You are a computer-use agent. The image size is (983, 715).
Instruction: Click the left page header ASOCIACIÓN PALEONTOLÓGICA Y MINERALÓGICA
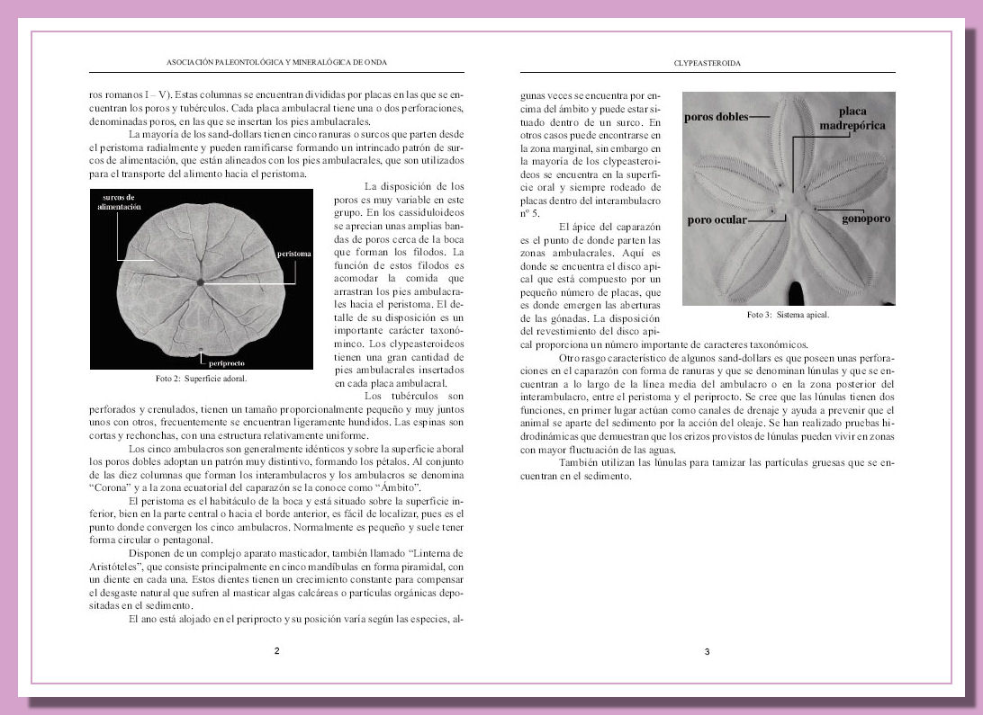point(276,63)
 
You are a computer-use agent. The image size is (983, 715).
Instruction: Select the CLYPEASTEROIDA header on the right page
point(707,63)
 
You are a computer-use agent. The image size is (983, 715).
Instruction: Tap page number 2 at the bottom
point(276,650)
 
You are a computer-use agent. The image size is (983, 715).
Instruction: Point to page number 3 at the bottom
point(707,651)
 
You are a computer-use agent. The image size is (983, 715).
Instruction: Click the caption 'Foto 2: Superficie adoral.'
point(201,379)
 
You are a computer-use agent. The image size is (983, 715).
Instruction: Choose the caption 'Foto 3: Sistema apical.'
point(788,316)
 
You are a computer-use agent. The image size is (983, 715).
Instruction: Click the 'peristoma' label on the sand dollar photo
point(294,254)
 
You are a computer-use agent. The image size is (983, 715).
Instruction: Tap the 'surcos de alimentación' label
point(120,201)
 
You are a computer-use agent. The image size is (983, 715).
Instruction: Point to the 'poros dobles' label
point(716,117)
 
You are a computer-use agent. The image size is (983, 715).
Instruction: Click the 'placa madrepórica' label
point(852,118)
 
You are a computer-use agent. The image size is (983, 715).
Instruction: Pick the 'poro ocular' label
point(717,219)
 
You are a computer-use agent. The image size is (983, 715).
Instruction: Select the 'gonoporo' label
point(866,219)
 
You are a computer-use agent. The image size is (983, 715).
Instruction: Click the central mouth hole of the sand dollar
point(201,282)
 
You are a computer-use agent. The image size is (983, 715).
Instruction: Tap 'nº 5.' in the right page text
point(530,213)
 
